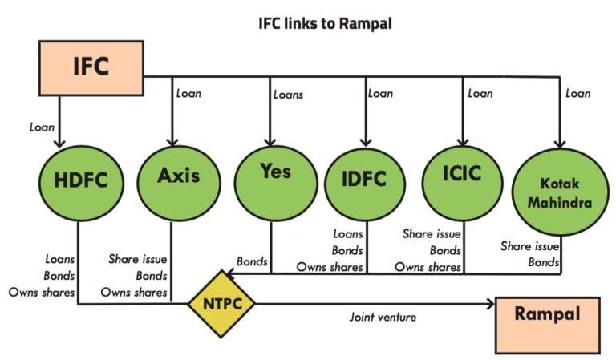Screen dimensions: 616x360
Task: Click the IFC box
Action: (91, 68)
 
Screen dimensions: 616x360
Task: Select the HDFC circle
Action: (81, 183)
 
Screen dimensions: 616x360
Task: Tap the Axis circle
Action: (179, 183)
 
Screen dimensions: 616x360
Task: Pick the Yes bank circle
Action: (276, 183)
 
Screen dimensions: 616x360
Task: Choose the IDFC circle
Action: (365, 184)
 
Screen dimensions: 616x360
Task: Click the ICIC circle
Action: (462, 183)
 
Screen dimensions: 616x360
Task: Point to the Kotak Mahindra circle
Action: (560, 192)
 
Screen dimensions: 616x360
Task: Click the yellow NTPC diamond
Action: (221, 304)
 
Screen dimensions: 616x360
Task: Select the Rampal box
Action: (548, 326)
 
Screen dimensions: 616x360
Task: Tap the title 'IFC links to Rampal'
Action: (325, 23)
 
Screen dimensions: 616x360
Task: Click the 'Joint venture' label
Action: (383, 317)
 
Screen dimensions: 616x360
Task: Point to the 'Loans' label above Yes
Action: (289, 95)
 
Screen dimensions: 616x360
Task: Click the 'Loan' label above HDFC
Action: (42, 127)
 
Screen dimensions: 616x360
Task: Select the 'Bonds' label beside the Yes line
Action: (252, 261)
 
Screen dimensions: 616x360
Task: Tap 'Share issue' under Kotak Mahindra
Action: (529, 246)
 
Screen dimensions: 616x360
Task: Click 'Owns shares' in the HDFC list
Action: (42, 293)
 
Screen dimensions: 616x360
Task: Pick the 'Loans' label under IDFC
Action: (348, 234)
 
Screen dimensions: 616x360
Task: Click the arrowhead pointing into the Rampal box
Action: (491, 303)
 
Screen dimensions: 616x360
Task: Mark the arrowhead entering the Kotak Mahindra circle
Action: (560, 144)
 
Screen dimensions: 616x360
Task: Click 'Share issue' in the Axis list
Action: (137, 259)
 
